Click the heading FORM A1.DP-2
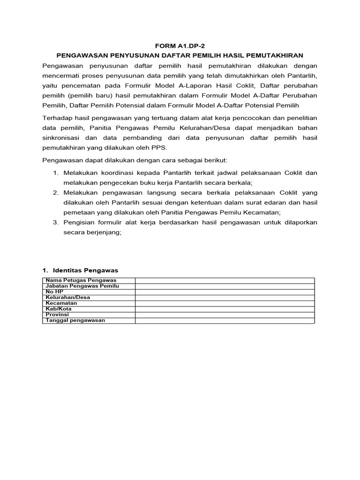coord(180,46)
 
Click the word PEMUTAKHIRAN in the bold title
coord(283,55)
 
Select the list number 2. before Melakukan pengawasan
coord(55,193)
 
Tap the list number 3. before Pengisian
coord(55,222)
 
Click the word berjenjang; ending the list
coord(105,232)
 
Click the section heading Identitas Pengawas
coord(86,270)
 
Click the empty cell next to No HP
coord(225,292)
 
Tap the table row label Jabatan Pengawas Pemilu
coord(82,286)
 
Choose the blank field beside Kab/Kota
coord(225,309)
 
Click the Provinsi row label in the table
coord(57,315)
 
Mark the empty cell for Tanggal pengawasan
coord(225,320)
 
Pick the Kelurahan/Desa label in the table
coord(68,297)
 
